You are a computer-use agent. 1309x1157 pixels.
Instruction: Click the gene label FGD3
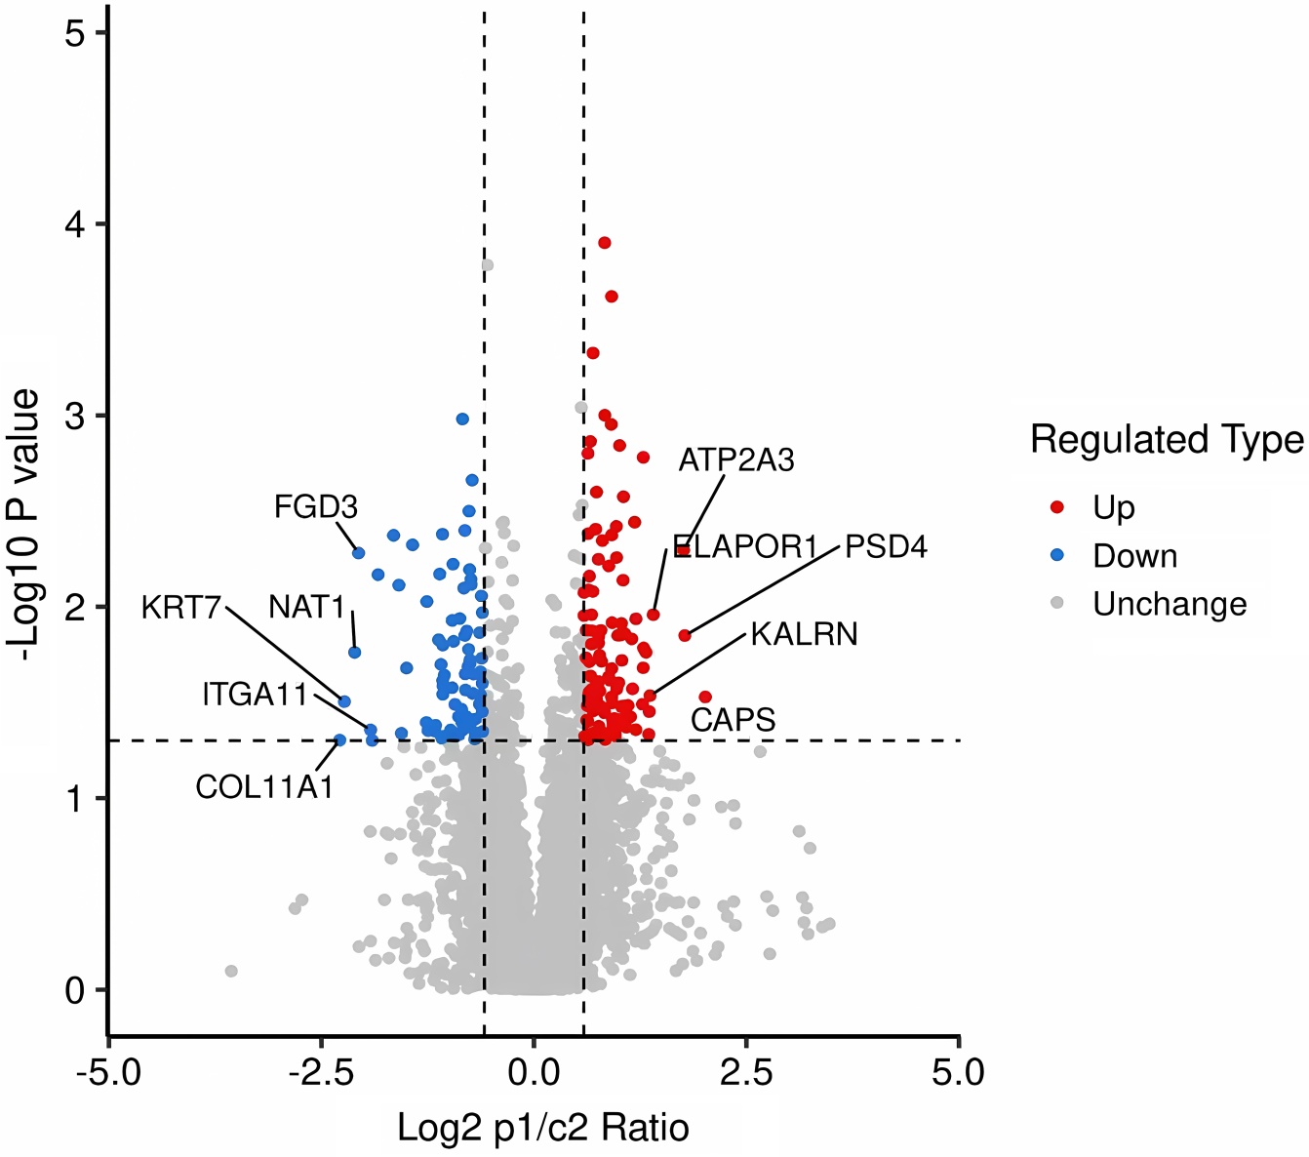pyautogui.click(x=315, y=507)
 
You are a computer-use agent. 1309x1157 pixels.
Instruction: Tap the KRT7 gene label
pyautogui.click(x=181, y=608)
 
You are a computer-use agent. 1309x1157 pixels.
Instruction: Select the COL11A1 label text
pyautogui.click(x=264, y=786)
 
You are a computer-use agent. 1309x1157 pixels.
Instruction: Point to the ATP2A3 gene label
pyautogui.click(x=736, y=459)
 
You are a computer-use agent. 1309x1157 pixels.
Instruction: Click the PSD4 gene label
pyautogui.click(x=886, y=546)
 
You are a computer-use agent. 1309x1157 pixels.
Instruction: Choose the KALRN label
pyautogui.click(x=804, y=634)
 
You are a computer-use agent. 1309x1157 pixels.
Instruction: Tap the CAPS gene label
pyautogui.click(x=733, y=720)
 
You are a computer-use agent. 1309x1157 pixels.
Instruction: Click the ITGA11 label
pyautogui.click(x=255, y=695)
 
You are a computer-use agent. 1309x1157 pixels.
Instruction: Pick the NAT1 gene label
pyautogui.click(x=307, y=607)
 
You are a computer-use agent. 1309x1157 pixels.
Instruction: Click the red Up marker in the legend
pyautogui.click(x=1057, y=507)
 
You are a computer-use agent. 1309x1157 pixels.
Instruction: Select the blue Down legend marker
pyautogui.click(x=1057, y=556)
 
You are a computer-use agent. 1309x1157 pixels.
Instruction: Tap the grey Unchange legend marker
pyautogui.click(x=1057, y=605)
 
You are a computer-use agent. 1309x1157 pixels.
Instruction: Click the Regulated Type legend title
pyautogui.click(x=1167, y=440)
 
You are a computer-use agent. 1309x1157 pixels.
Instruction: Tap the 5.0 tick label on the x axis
pyautogui.click(x=958, y=1073)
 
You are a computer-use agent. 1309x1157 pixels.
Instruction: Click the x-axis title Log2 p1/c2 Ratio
pyautogui.click(x=543, y=1128)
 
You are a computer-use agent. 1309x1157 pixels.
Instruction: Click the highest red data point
pyautogui.click(x=605, y=243)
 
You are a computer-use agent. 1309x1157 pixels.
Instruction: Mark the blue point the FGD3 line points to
pyautogui.click(x=358, y=553)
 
